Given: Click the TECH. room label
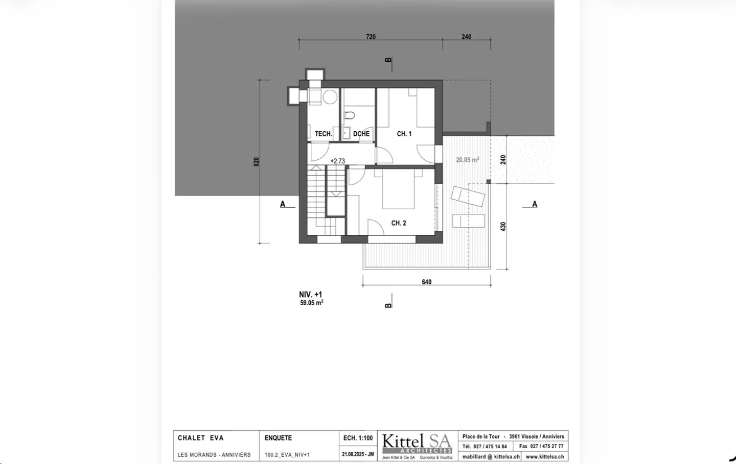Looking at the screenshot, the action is [324, 134].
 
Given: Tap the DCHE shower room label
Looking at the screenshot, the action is [361, 134].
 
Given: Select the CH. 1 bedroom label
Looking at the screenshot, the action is [404, 134].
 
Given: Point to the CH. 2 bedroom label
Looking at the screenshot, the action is [399, 223].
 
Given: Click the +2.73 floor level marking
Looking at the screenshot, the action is [337, 161].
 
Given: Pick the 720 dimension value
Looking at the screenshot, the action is [371, 37].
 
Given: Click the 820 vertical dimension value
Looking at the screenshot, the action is [257, 162].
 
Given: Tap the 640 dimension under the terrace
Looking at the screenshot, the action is [426, 282].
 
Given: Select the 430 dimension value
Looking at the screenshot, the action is [503, 227].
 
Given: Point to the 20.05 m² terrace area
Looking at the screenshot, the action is [467, 160].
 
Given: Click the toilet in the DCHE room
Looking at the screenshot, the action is [349, 115].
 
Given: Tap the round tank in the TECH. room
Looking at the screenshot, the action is [330, 97].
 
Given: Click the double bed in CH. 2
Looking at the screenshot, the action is [398, 189].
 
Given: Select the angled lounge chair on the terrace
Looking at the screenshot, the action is [468, 196].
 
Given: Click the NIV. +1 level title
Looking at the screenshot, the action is [310, 295].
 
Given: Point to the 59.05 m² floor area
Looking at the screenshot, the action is [311, 303].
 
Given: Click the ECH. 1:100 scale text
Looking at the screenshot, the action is [358, 438].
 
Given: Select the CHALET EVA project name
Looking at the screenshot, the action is [201, 438].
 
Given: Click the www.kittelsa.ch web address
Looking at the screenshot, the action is [545, 457].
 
